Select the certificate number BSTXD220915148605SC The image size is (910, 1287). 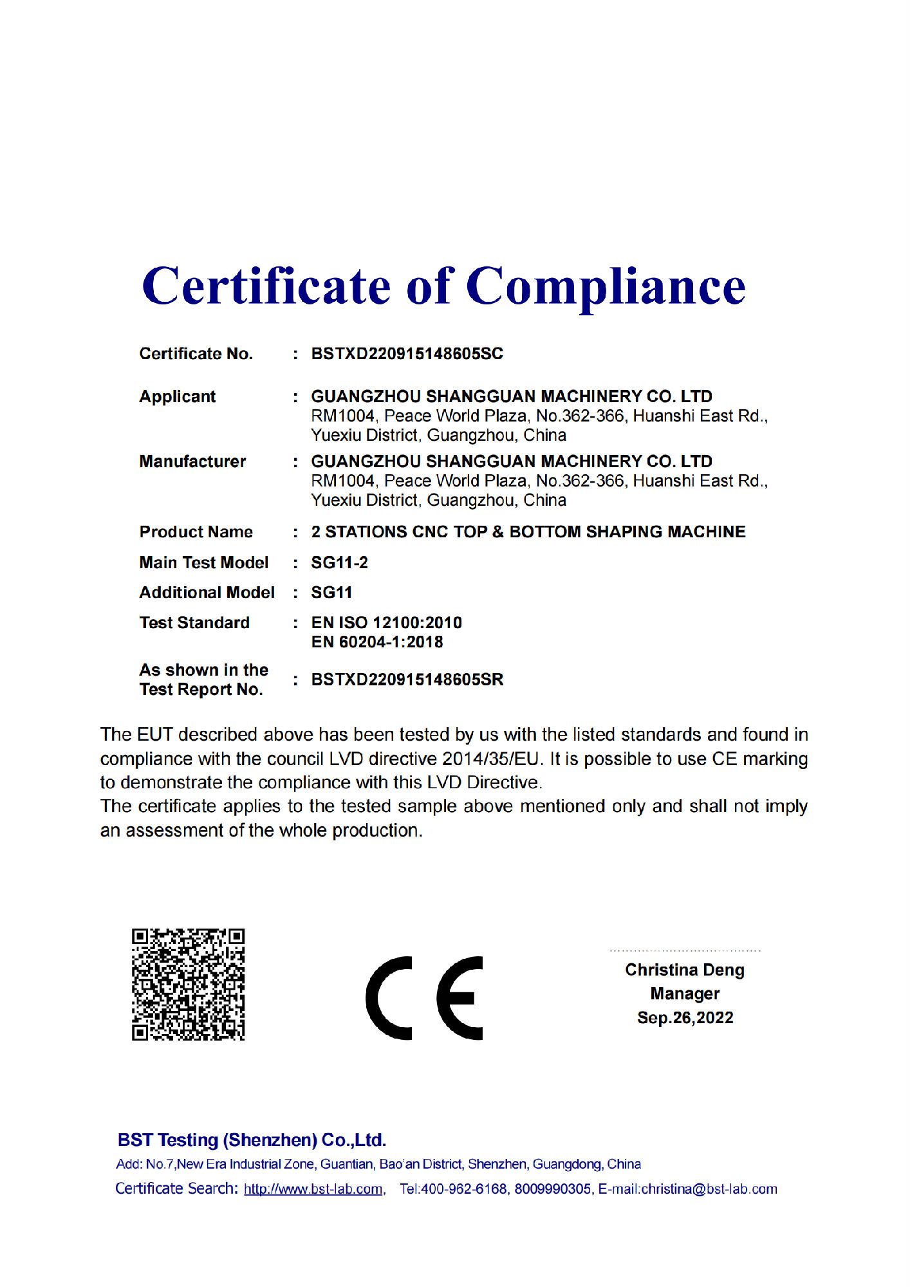coord(407,354)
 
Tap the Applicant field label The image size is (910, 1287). coord(178,396)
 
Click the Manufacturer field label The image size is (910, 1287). coord(192,461)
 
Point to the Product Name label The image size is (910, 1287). coord(196,532)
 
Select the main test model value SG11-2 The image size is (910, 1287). coord(339,563)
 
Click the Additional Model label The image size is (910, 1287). coord(207,593)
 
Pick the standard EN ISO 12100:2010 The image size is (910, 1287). coord(386,623)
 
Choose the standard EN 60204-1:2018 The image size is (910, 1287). coord(377,642)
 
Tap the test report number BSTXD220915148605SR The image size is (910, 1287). coord(407,680)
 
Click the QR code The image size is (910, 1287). coord(188,984)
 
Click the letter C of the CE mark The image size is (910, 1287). coord(389,998)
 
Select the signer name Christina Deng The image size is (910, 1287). coord(685,970)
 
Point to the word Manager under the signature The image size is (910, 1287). coord(685,994)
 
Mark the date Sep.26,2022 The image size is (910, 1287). coord(685,1017)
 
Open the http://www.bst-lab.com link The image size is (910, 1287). coord(313,1189)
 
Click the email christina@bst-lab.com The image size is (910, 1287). coord(709,1189)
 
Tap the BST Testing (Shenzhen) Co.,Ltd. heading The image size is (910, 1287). coord(252,1140)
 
